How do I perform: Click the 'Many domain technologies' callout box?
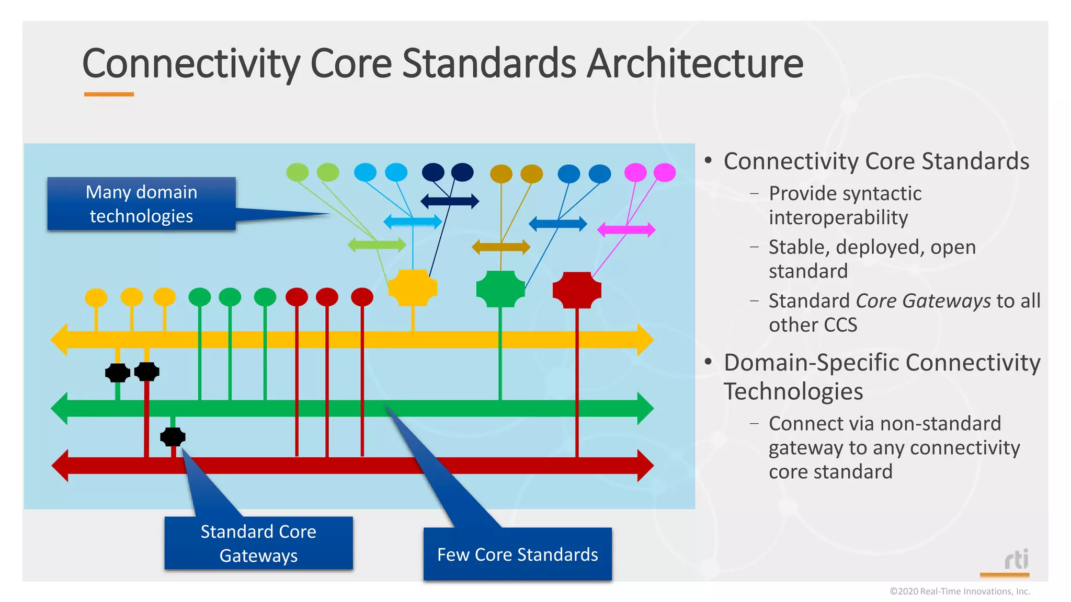click(141, 204)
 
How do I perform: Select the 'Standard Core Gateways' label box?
click(258, 543)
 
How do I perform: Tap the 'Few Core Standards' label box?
click(517, 554)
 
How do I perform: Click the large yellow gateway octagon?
click(413, 287)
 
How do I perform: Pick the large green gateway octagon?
click(500, 288)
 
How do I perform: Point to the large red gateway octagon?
click(577, 290)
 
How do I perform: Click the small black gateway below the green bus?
click(173, 437)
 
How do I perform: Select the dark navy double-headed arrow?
click(450, 201)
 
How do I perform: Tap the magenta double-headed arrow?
click(626, 229)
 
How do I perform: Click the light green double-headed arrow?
click(377, 245)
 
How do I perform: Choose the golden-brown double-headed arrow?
click(501, 247)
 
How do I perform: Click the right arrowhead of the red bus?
click(645, 465)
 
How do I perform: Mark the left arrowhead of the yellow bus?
click(60, 340)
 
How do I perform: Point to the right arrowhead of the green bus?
click(645, 408)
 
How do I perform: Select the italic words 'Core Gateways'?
click(923, 301)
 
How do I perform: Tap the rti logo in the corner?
click(1016, 560)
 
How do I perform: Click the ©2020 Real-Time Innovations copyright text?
click(960, 592)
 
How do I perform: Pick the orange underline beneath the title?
click(109, 95)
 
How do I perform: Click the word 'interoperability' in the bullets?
click(838, 217)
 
